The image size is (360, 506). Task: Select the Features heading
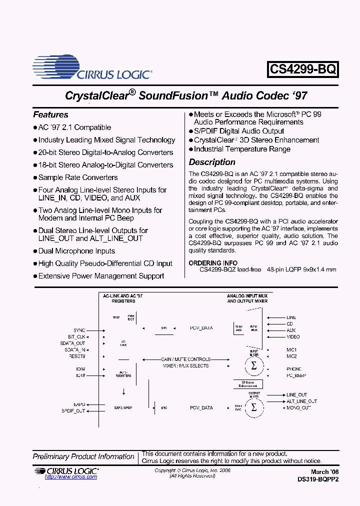50,114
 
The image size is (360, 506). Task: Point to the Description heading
212,162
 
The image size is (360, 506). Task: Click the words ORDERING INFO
213,263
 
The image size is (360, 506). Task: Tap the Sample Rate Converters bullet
78,177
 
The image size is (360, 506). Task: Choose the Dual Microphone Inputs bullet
76,251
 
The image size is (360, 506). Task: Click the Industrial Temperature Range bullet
242,149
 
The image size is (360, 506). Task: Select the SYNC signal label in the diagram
79,330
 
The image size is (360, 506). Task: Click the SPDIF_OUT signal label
73,410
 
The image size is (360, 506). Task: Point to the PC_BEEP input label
296,375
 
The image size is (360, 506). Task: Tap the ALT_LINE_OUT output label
301,401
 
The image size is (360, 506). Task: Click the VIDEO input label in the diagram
293,337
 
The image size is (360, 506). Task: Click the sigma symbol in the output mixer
253,407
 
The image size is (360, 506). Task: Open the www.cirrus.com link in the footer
71,477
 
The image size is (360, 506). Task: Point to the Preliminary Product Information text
83,456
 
